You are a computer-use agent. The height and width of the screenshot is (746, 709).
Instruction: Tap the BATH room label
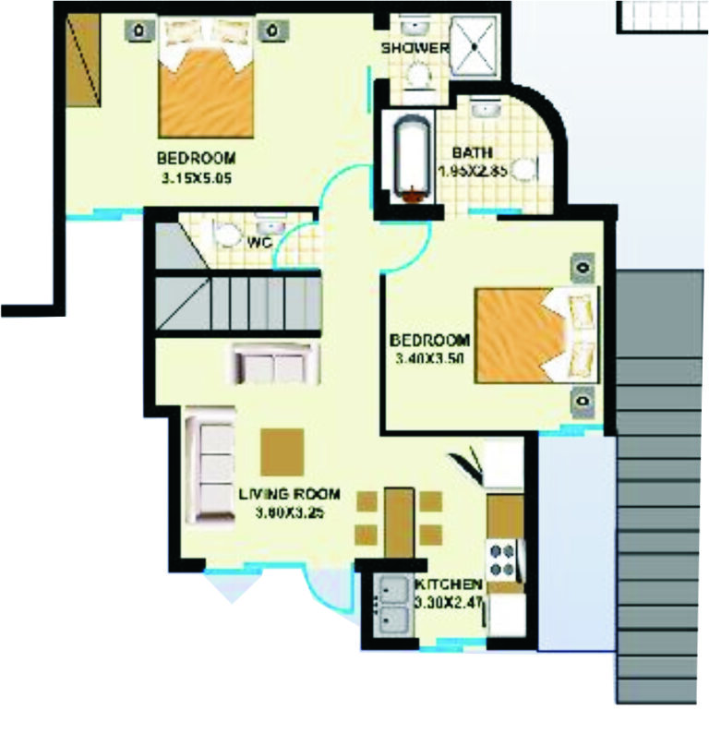(472, 152)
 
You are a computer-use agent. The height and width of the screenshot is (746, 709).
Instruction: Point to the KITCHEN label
(449, 585)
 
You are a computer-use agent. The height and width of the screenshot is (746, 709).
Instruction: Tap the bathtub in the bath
(409, 158)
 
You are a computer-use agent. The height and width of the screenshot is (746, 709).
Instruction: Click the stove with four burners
(504, 557)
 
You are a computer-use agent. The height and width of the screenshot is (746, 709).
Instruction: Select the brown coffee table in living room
(282, 451)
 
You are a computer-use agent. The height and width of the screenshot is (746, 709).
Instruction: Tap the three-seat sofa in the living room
(210, 469)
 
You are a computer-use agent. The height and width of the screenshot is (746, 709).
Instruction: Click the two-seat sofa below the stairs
(275, 363)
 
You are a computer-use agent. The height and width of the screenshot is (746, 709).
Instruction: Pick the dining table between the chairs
(398, 522)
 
